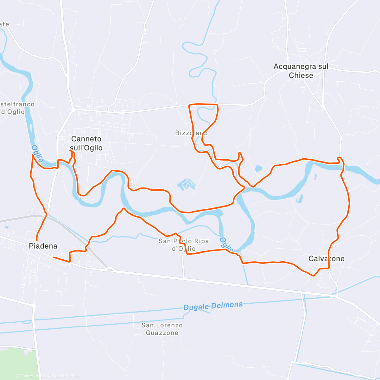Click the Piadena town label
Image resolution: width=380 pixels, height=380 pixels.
(43, 246)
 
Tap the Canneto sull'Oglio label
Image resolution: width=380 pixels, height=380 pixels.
(86, 143)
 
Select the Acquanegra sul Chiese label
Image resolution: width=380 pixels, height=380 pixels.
(301, 71)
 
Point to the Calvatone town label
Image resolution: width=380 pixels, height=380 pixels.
(326, 259)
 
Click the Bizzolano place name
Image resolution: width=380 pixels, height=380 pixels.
(191, 133)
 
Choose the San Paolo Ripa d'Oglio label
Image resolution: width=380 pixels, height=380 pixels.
(184, 245)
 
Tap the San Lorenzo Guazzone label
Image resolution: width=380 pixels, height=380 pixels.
(162, 329)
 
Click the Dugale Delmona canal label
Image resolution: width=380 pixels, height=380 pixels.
(213, 306)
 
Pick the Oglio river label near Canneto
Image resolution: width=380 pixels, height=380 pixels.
(37, 154)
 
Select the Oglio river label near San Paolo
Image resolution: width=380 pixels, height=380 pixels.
(227, 244)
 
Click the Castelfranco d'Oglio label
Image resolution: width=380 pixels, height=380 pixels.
(16, 108)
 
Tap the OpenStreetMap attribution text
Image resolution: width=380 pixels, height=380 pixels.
(66, 376)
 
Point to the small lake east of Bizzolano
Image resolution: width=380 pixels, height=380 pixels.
(258, 168)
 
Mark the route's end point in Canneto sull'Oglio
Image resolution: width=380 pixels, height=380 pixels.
(70, 151)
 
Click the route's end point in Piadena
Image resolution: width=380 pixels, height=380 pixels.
(53, 257)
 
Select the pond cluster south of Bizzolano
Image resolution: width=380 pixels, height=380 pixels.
(187, 184)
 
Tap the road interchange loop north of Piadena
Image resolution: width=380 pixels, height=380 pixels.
(32, 213)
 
